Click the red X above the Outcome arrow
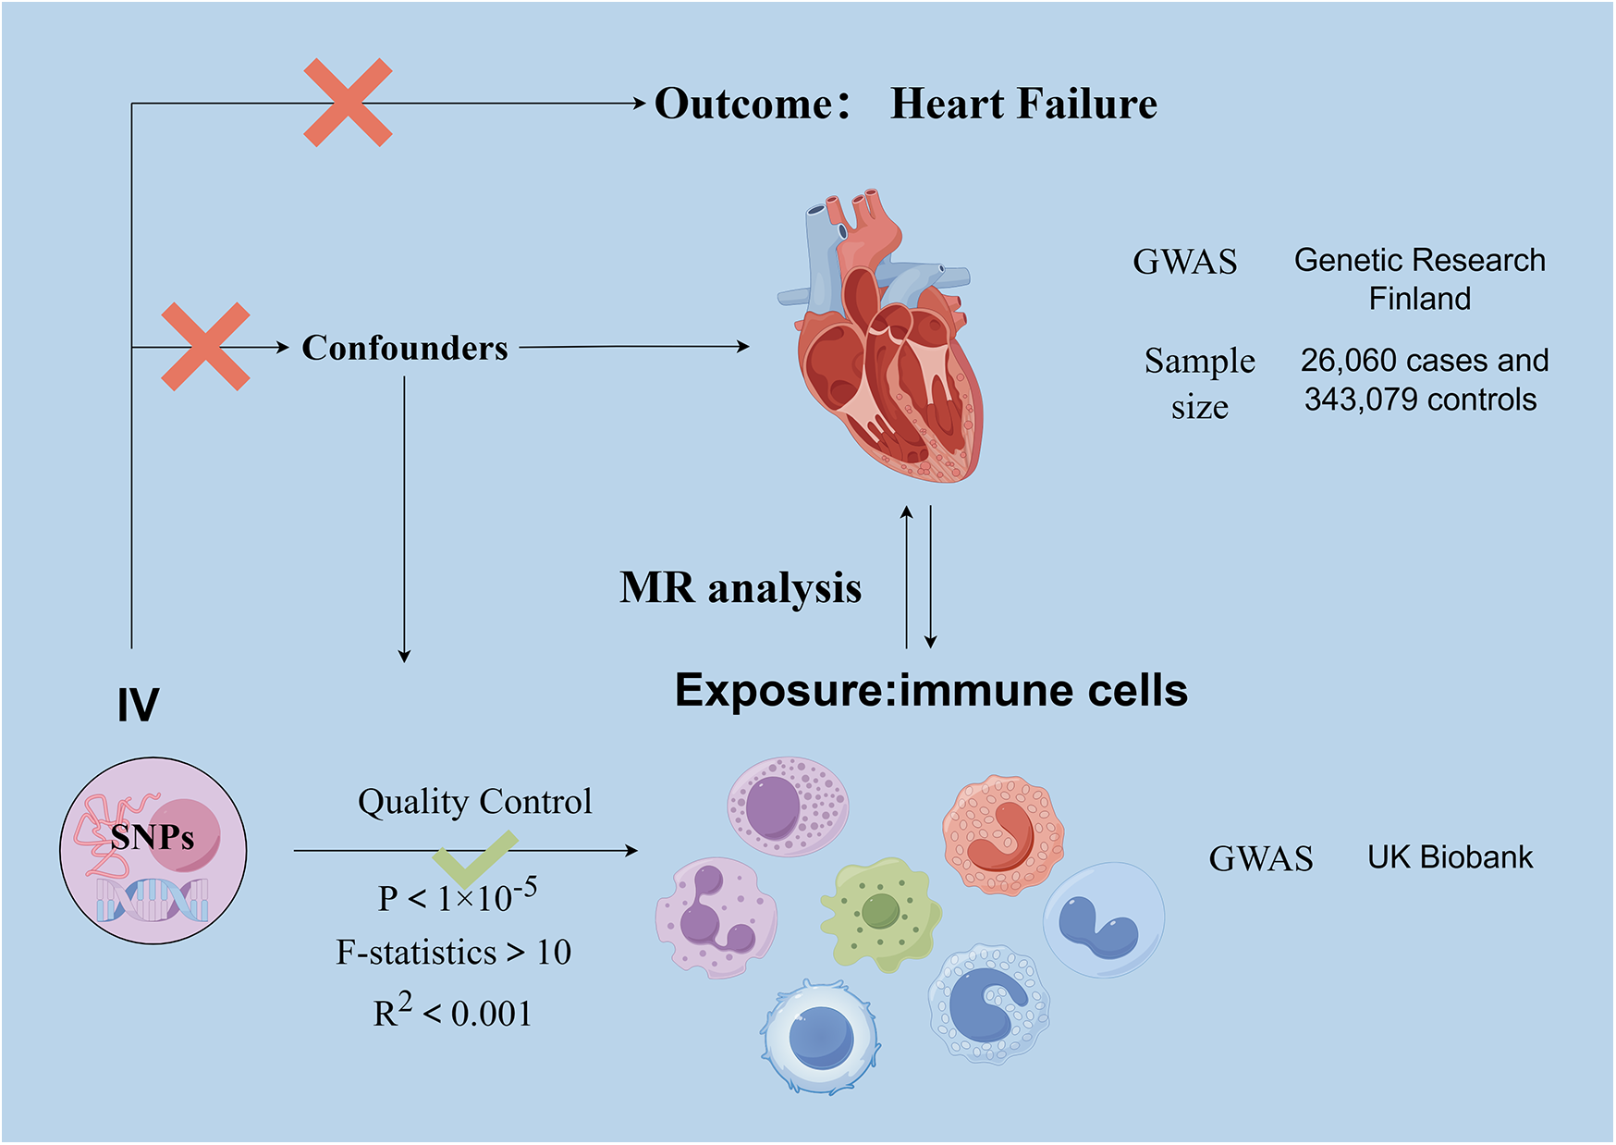tap(348, 103)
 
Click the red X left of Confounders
tap(205, 346)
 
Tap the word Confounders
tap(404, 348)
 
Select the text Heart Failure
tap(1023, 104)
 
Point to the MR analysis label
tap(740, 588)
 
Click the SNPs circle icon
tap(153, 850)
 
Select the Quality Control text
tap(474, 801)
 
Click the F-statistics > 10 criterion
tap(453, 952)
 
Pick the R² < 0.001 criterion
tap(453, 1012)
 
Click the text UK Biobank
tap(1450, 857)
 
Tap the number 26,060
tap(1345, 360)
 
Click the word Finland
tap(1419, 299)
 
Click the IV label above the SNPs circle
tap(138, 705)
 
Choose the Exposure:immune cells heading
tap(931, 690)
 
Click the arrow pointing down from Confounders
tap(404, 518)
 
